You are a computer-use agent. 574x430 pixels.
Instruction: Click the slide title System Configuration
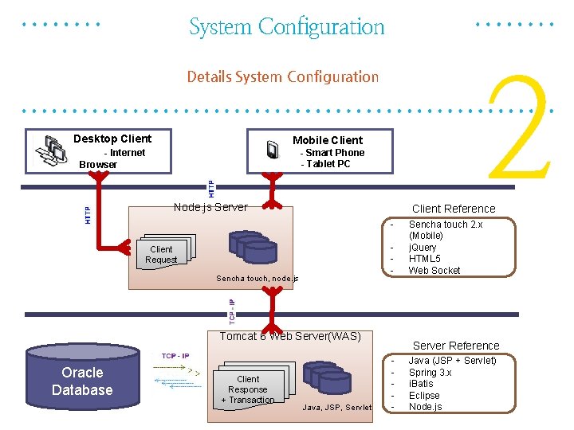point(286,27)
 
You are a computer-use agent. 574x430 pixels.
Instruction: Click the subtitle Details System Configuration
point(282,76)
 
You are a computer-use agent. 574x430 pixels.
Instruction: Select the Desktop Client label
point(112,139)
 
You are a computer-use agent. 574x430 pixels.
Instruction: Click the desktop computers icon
point(54,149)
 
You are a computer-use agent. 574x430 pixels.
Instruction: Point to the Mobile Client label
point(327,140)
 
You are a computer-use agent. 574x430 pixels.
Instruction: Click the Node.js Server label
point(210,207)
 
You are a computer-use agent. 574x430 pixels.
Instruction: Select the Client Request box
point(161,254)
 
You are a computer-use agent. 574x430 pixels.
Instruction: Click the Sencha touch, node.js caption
point(257,279)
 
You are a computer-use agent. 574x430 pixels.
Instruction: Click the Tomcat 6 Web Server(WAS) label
point(290,336)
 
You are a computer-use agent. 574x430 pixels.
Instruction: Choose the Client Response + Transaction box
point(248,389)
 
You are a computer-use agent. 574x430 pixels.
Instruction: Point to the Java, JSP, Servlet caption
point(337,408)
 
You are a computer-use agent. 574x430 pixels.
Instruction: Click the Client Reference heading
point(454,209)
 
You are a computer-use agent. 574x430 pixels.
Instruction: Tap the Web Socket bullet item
point(434,270)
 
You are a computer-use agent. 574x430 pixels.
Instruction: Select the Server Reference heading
point(456,346)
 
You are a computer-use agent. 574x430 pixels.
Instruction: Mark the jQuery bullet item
point(423,248)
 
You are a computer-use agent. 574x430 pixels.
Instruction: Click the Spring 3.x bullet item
point(430,373)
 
